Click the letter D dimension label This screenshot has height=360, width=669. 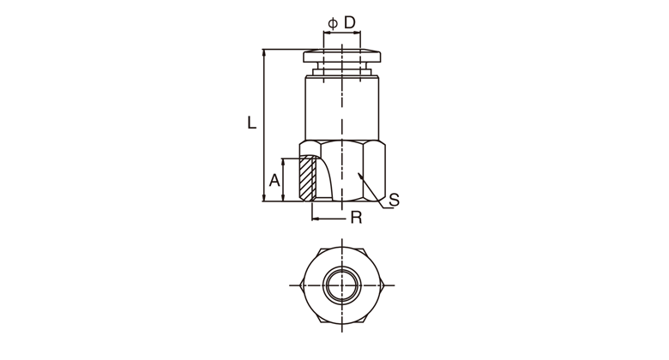click(349, 22)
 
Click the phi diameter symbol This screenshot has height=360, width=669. click(333, 23)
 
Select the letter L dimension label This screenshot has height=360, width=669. click(251, 123)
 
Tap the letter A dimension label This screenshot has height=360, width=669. click(274, 180)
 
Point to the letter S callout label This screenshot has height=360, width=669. click(395, 200)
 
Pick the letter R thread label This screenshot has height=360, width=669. click(356, 218)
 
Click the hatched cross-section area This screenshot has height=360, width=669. click(308, 178)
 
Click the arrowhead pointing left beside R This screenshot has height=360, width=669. click(316, 219)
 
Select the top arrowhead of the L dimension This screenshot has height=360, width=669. click(264, 53)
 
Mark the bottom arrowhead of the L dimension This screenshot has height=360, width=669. click(264, 197)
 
